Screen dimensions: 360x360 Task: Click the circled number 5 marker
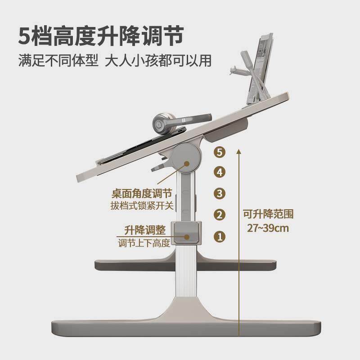click(x=220, y=152)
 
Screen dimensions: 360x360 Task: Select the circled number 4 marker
click(x=220, y=172)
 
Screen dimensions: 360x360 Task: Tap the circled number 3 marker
click(x=220, y=193)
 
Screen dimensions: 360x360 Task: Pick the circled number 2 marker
click(x=220, y=215)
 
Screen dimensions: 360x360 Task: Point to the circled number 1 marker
click(x=220, y=237)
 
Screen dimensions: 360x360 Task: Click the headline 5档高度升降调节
click(x=101, y=36)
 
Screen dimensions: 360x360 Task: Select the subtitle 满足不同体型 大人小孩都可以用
click(x=115, y=61)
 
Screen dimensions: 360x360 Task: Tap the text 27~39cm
click(x=268, y=228)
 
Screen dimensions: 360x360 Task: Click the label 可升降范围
click(x=268, y=214)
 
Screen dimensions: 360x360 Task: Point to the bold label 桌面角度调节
click(x=142, y=193)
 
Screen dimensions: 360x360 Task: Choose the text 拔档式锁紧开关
click(x=142, y=206)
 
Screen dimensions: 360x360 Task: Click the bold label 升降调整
click(x=145, y=230)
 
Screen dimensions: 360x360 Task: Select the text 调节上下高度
click(x=144, y=243)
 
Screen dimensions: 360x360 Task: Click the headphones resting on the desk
click(x=175, y=123)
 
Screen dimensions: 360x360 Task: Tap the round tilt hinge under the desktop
click(x=186, y=158)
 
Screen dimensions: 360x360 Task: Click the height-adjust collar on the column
click(x=187, y=233)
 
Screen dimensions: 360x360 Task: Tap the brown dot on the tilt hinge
click(x=187, y=164)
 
